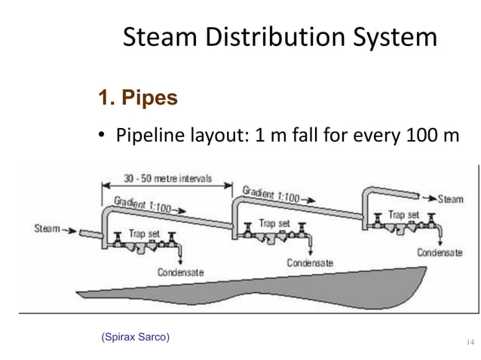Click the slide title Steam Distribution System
[279, 38]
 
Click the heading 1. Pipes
[135, 99]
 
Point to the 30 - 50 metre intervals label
[167, 179]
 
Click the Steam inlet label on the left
[49, 226]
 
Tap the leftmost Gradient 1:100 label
[141, 203]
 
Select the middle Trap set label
[274, 223]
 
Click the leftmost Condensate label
[180, 272]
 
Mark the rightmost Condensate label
[440, 253]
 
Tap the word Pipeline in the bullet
[149, 136]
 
